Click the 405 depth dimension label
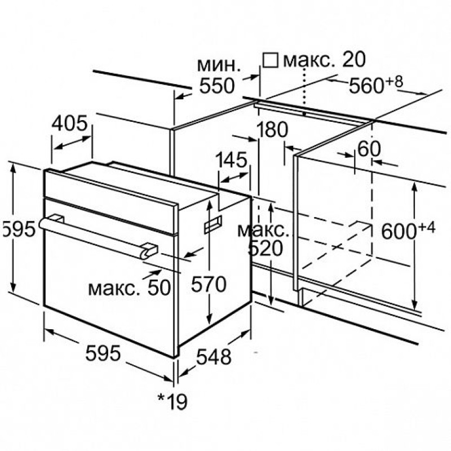tap(69, 123)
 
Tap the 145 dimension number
tap(231, 160)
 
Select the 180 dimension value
tap(272, 130)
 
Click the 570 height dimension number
tap(209, 284)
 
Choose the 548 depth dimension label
tap(214, 357)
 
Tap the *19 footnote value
tap(173, 401)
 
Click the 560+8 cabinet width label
tap(375, 84)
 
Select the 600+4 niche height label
tap(408, 230)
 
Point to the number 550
tap(217, 86)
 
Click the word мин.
tap(219, 65)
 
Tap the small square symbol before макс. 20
tap(271, 60)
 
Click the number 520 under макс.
tap(266, 248)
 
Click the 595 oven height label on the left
tap(18, 229)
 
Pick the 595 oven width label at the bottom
tap(103, 353)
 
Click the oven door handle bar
tap(95, 237)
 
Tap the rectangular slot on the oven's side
tap(213, 224)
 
